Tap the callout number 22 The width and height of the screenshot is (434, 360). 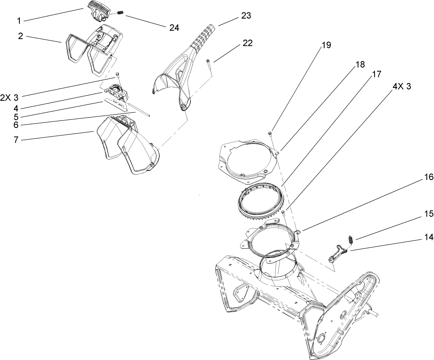[x=248, y=43]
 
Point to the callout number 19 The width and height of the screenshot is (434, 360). [x=326, y=45]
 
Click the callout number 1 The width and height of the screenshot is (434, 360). [x=19, y=19]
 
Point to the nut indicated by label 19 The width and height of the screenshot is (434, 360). [x=270, y=133]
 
